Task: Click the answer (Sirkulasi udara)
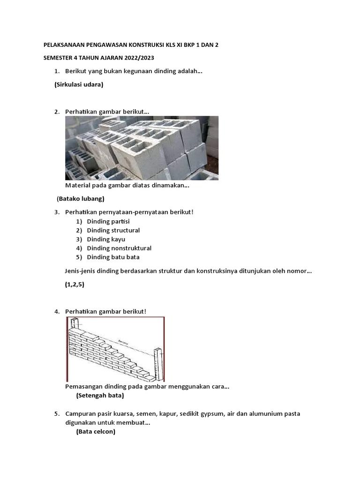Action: (79, 85)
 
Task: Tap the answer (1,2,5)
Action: (75, 285)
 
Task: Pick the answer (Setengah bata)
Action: (100, 395)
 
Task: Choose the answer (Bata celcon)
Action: (96, 432)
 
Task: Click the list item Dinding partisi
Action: (108, 221)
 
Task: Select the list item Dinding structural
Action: (113, 230)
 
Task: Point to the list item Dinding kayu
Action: (106, 239)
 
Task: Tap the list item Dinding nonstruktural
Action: (119, 248)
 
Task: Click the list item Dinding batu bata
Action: (113, 257)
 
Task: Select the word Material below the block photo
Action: (78, 186)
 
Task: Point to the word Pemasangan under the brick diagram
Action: (83, 387)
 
